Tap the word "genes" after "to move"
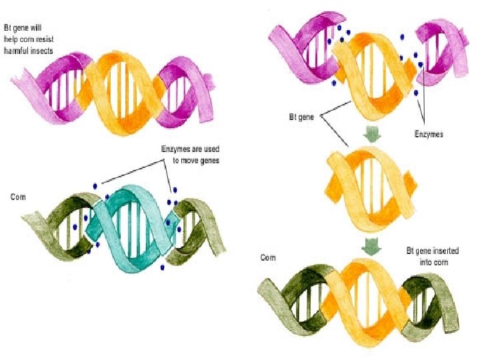[211, 160]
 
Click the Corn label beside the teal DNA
[19, 197]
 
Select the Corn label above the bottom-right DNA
[269, 257]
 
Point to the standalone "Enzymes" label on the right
[428, 134]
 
